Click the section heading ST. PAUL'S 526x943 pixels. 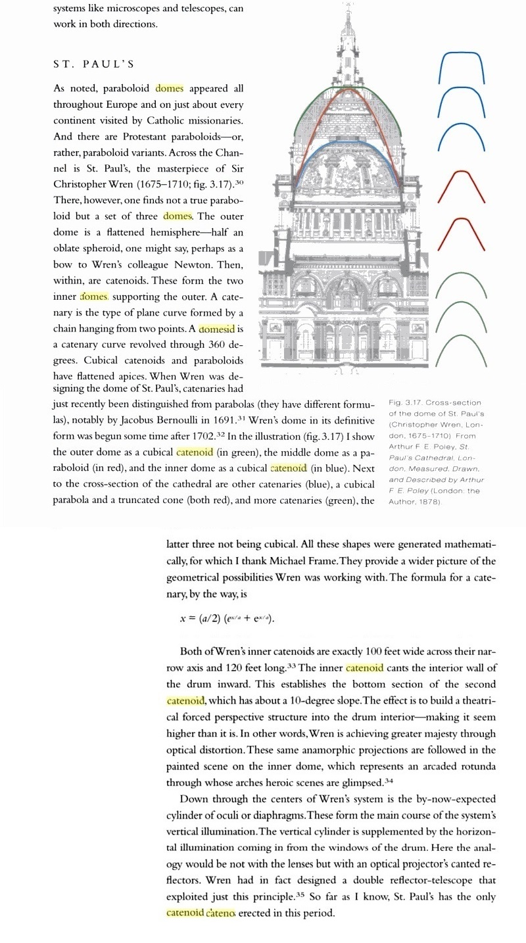tap(93, 64)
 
